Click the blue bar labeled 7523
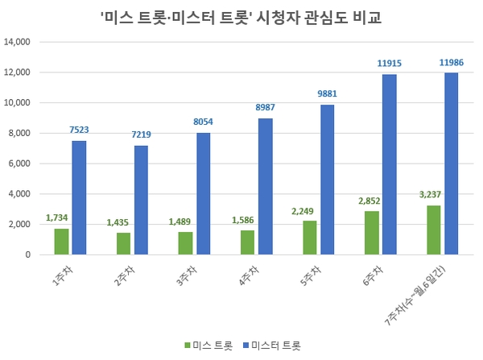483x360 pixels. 79,198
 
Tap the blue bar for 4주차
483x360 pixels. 266,187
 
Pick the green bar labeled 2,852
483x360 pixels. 371,233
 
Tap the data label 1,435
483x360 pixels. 118,221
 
